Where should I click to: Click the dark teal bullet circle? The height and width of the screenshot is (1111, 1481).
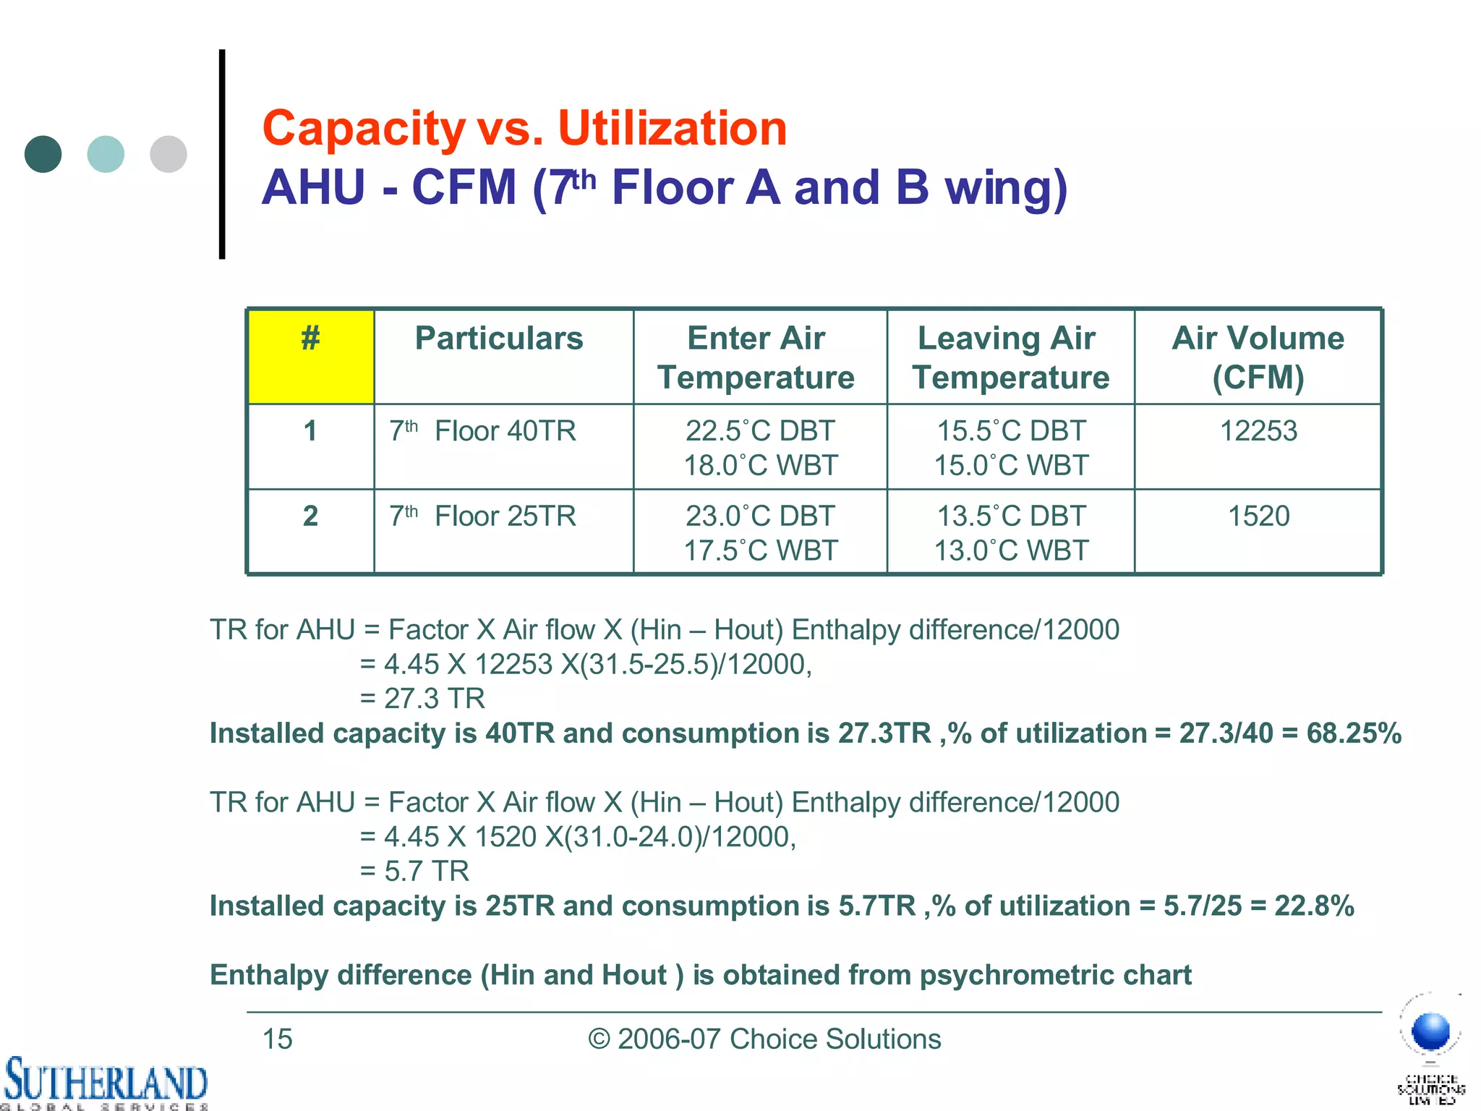pos(43,154)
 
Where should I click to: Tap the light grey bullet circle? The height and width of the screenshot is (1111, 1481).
pos(168,154)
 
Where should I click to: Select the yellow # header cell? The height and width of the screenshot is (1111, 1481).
pos(311,357)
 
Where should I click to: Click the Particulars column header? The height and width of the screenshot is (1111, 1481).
pos(499,339)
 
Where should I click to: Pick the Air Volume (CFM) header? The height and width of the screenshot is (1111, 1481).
pos(1258,357)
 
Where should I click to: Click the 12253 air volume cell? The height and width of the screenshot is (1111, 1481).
pos(1258,431)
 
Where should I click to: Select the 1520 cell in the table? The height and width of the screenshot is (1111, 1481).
pos(1258,516)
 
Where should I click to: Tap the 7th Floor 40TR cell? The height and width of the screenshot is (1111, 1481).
pos(483,432)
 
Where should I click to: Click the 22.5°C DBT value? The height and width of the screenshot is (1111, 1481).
pos(759,431)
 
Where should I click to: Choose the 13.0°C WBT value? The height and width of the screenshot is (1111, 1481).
pos(1011,551)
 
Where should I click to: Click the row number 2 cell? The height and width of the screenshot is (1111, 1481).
pos(310,516)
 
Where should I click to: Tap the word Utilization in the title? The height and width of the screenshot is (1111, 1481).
pos(672,129)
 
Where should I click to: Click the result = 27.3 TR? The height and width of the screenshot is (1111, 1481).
pos(423,699)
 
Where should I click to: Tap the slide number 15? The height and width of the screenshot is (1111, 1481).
pos(277,1039)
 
